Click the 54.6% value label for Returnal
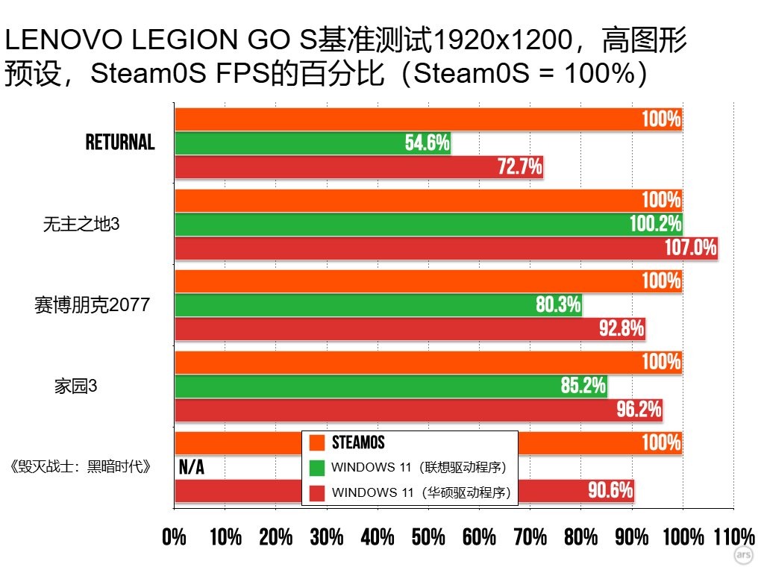click(x=427, y=143)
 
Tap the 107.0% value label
click(x=690, y=248)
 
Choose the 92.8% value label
click(x=621, y=329)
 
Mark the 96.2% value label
click(x=639, y=410)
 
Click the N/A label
click(x=192, y=468)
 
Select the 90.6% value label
click(x=610, y=490)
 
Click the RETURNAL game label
click(x=120, y=143)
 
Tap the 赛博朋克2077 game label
click(x=93, y=304)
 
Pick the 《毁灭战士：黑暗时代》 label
click(x=83, y=467)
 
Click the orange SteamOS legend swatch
click(x=317, y=443)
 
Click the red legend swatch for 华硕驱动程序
click(x=317, y=492)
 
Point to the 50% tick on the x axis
click(x=428, y=537)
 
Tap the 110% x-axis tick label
click(x=733, y=537)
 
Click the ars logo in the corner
click(x=743, y=556)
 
